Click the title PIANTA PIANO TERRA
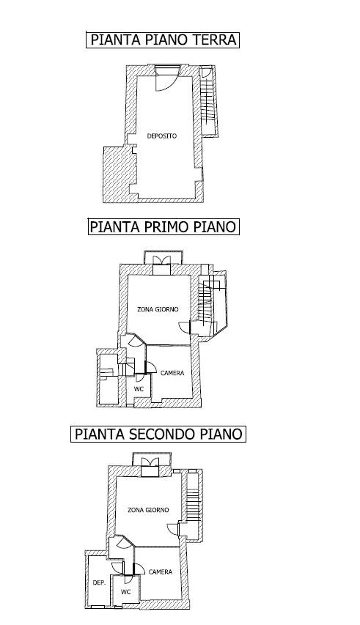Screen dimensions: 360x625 [x=163, y=40]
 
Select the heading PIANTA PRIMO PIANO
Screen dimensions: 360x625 [x=163, y=227]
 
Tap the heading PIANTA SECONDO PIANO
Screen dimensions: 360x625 [x=158, y=434]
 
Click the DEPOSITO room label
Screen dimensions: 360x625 [x=162, y=136]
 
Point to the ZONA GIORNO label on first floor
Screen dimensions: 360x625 [x=158, y=309]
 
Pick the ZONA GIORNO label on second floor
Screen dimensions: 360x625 [x=148, y=510]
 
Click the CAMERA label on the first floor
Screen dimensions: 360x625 [x=172, y=373]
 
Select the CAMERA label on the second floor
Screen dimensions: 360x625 [x=161, y=572]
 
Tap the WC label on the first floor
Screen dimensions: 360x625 [x=139, y=389]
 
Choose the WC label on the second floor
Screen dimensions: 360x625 [x=126, y=592]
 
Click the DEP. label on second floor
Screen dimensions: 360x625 [x=99, y=583]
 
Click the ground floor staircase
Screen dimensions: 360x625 [x=207, y=102]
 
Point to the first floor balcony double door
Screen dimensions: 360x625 [x=162, y=260]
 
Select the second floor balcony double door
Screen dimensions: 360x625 [x=150, y=462]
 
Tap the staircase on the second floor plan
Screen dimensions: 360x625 [x=193, y=505]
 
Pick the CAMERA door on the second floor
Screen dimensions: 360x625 [x=139, y=569]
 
